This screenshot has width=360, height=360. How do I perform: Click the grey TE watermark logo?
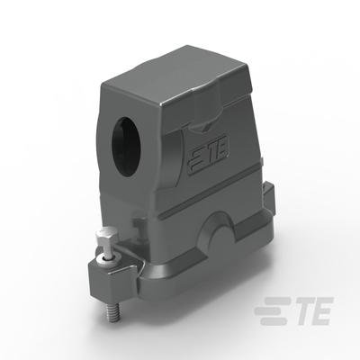(294, 310)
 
